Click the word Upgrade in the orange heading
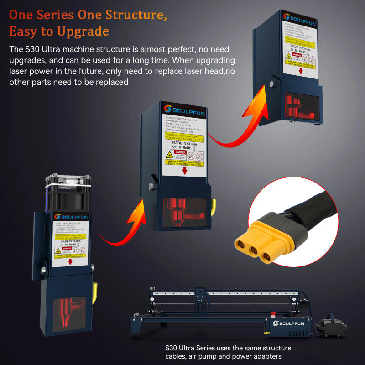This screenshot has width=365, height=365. [x=83, y=31]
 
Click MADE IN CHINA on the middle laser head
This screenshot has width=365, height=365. [x=185, y=142]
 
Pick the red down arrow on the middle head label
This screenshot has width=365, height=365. [x=184, y=171]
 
